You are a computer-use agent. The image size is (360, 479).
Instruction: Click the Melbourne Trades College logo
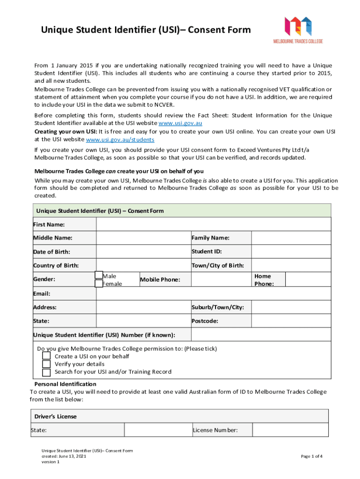(298, 29)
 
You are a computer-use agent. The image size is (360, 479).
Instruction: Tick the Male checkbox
(99, 276)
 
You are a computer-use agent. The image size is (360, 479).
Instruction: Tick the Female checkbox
(99, 283)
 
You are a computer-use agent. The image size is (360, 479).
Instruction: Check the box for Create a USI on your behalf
(46, 356)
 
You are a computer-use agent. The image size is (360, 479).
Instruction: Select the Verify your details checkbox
(46, 364)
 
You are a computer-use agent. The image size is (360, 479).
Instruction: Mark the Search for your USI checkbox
(46, 372)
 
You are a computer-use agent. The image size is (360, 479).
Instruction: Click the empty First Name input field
(213, 225)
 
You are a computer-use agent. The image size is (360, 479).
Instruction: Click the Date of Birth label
(51, 252)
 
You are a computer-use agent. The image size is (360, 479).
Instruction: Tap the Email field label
(42, 293)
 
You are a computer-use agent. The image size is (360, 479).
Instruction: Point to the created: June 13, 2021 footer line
(63, 456)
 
